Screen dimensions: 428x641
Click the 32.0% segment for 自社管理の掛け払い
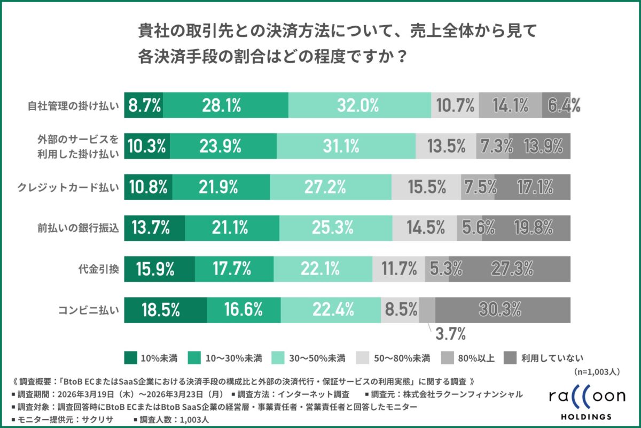point(359,105)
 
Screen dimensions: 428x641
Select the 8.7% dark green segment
point(144,105)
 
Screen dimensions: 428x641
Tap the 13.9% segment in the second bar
point(540,146)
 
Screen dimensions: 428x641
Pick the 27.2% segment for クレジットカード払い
point(331,187)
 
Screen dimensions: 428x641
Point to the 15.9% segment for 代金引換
point(159,268)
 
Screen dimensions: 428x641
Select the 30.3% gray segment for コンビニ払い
point(503,309)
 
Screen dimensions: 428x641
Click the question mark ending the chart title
point(393,56)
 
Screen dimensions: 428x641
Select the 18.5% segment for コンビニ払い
point(166,309)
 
